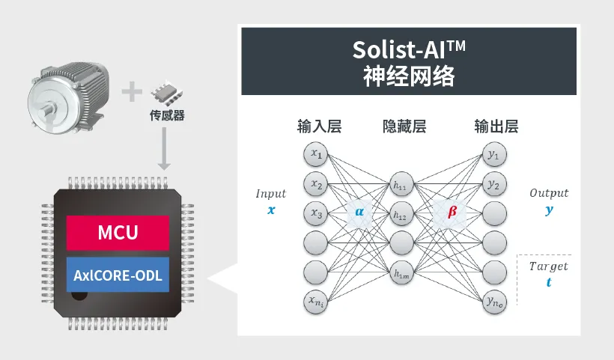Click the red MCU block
118,232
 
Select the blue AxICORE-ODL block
118,275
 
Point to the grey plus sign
132,92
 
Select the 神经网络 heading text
408,76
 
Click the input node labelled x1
317,155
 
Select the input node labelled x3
317,214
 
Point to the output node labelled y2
493,184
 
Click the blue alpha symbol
360,212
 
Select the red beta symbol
452,212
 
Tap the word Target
549,266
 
